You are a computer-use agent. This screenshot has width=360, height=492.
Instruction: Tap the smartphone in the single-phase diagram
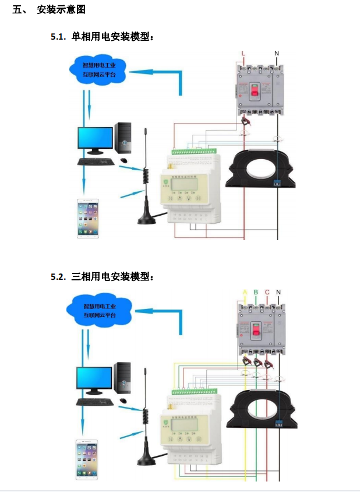click(x=87, y=219)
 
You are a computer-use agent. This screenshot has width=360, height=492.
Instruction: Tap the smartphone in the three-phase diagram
click(x=87, y=458)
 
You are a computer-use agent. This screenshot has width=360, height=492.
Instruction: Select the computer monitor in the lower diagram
click(x=94, y=380)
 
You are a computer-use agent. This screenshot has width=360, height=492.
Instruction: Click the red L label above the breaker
click(x=243, y=54)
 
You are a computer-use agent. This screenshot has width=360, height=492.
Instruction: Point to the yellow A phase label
click(x=245, y=292)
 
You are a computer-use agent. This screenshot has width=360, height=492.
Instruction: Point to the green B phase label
click(x=256, y=292)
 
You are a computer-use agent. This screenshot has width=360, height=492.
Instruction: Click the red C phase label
click(x=267, y=292)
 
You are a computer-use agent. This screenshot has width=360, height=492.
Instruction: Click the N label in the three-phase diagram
click(x=278, y=292)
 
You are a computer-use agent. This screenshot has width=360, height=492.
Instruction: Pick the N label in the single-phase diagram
click(x=277, y=54)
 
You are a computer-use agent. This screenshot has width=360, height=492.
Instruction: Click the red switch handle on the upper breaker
click(x=254, y=91)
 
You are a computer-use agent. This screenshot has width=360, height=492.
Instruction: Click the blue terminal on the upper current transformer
click(x=277, y=182)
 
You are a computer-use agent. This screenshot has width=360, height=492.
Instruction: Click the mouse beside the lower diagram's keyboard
click(x=123, y=402)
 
